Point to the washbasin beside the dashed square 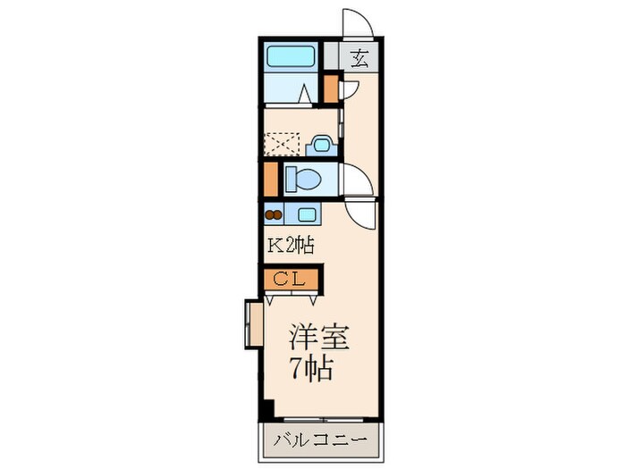pos(319,143)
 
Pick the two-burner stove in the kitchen pos(272,214)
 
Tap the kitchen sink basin pos(307,214)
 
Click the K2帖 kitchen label pos(288,244)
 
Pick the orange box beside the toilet pos(271,179)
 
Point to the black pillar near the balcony pos(266,410)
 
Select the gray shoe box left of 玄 pos(332,57)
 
